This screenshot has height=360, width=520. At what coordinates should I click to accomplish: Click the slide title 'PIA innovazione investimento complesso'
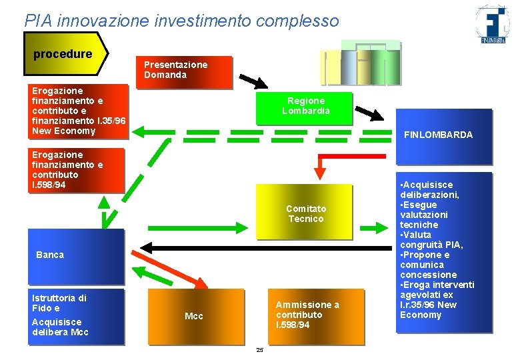click(181, 21)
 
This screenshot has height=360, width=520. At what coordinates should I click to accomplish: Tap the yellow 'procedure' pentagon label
click(65, 54)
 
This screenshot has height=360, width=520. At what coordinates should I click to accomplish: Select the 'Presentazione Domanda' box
click(187, 71)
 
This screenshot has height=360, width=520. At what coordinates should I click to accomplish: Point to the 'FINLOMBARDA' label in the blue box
click(438, 135)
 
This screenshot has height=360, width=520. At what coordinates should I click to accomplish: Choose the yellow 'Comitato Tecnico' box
click(305, 213)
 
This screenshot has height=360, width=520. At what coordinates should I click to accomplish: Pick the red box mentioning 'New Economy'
click(79, 111)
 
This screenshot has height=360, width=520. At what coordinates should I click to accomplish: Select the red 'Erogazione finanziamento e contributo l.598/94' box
click(77, 169)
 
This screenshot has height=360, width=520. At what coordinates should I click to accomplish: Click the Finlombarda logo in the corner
click(493, 25)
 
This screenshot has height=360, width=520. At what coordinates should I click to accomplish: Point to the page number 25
click(259, 351)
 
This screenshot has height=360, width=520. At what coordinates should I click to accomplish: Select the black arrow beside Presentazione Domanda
click(253, 81)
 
